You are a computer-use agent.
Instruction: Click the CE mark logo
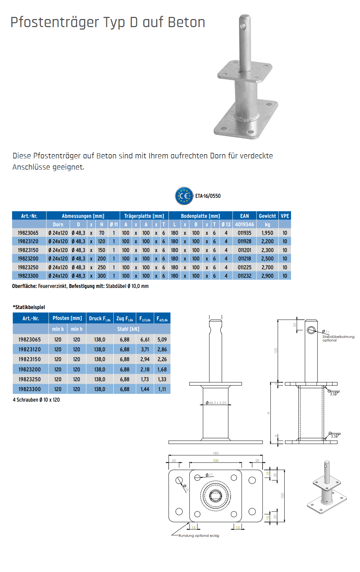point(184,196)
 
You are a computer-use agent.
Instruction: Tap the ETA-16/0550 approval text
point(208,196)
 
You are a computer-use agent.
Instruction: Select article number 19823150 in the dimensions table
point(28,250)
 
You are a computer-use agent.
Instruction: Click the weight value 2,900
point(267,276)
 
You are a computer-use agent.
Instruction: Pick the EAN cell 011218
point(245,259)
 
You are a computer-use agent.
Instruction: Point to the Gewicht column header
point(267,216)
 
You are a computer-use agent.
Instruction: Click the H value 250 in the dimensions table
point(102,268)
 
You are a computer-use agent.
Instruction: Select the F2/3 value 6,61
point(145,340)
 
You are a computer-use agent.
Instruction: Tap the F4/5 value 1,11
point(162,389)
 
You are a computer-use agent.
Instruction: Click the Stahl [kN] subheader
point(128,329)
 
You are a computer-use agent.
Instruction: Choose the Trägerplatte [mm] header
point(144,216)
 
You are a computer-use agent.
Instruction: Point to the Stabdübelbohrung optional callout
point(338,338)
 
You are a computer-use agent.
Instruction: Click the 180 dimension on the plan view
point(216,453)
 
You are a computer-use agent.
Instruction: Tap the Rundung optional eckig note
point(199,536)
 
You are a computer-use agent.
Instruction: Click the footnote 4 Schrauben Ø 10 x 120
point(36,400)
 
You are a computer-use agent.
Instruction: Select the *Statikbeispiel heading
point(29,307)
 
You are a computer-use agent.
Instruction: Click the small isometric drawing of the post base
point(327,488)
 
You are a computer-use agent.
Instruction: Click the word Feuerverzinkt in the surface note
point(52,286)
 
